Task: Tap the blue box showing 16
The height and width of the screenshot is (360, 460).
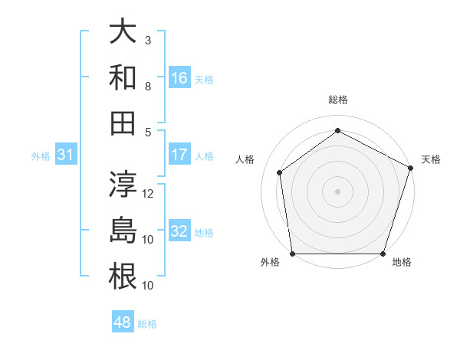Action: pos(179,77)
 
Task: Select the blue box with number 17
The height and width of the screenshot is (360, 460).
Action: pos(179,155)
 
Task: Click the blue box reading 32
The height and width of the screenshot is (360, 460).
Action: pos(179,231)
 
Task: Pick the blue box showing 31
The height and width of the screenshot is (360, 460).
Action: pos(66,155)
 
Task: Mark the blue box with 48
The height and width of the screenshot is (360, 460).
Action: pos(123,322)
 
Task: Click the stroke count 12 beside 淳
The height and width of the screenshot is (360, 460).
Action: pos(149,194)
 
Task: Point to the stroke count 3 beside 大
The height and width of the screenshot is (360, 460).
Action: pos(148,40)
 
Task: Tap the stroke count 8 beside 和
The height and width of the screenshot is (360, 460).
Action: pos(148,86)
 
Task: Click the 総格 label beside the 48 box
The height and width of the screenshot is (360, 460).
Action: pos(147,324)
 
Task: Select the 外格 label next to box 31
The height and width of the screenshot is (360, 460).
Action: pos(41,156)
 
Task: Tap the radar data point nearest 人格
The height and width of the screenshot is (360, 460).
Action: pos(280,172)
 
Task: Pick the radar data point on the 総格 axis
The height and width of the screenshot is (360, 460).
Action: pos(338,130)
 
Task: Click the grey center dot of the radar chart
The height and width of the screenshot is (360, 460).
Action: pos(338,191)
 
